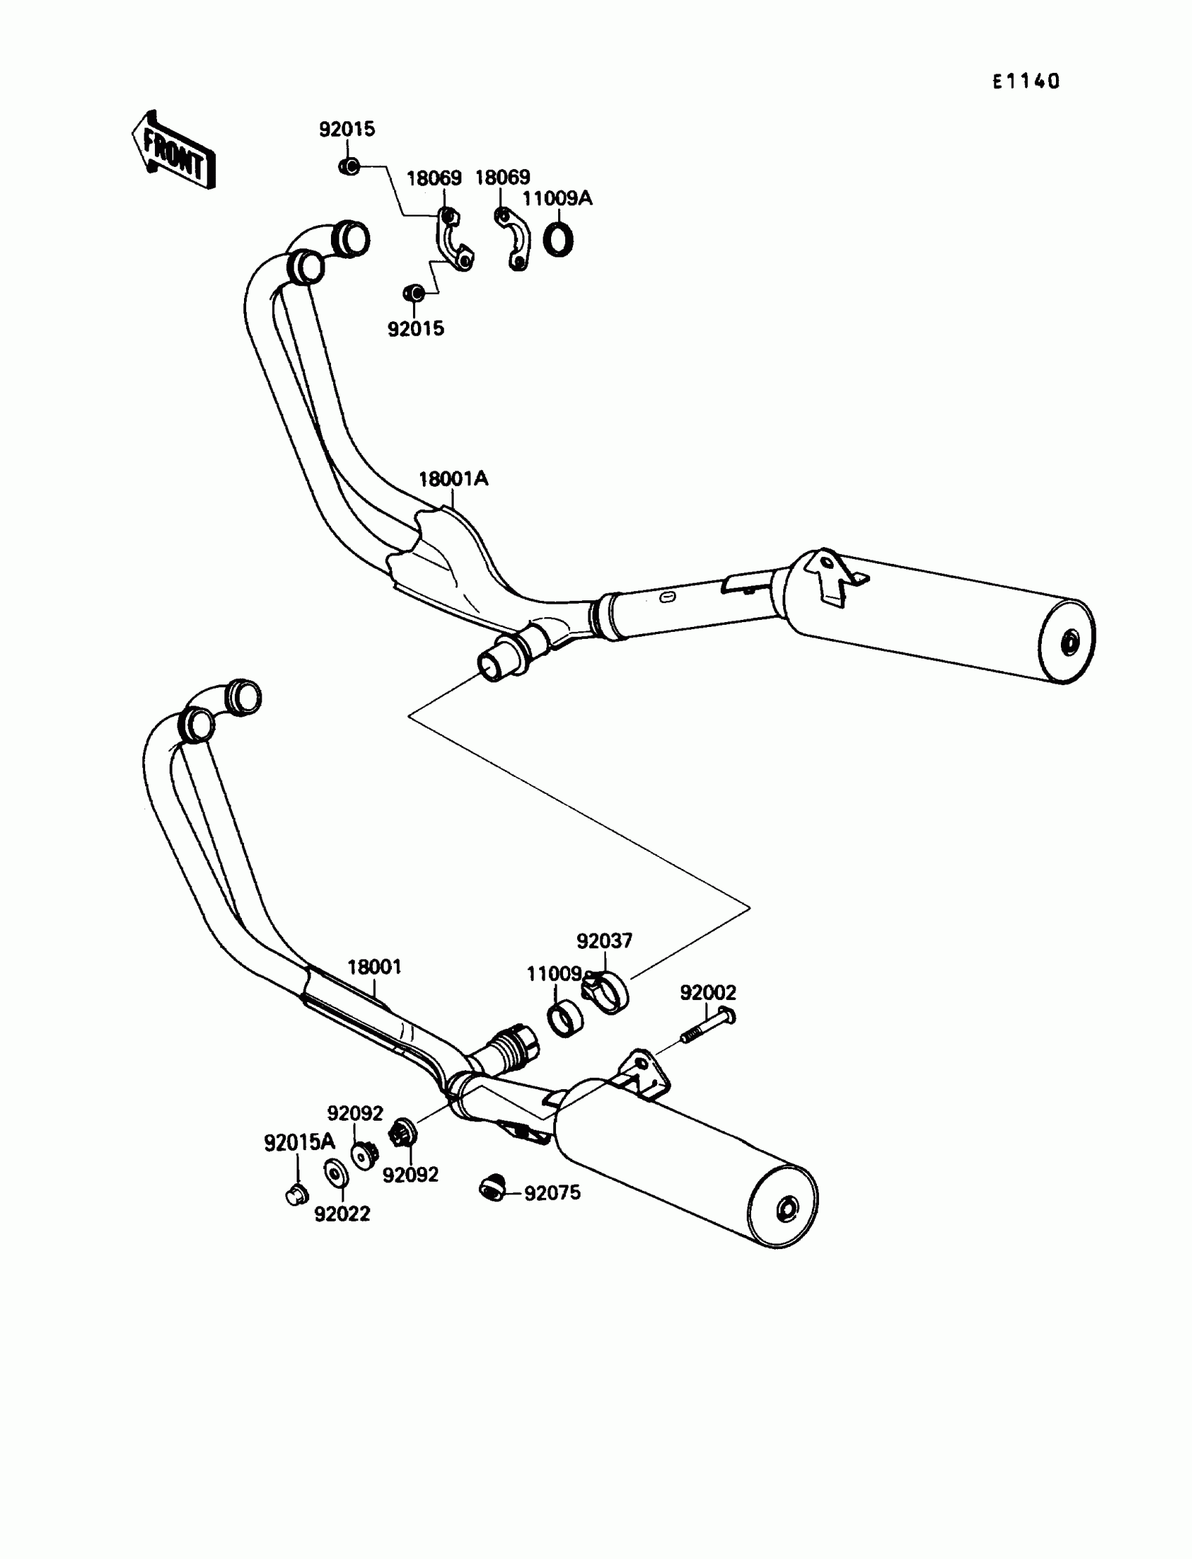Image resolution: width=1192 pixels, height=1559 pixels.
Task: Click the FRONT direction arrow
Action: [x=173, y=151]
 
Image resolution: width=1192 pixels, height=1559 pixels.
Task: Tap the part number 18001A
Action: [x=454, y=479]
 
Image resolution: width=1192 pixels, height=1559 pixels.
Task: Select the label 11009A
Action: [x=557, y=198]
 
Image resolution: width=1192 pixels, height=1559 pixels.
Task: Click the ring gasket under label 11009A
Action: [x=558, y=239]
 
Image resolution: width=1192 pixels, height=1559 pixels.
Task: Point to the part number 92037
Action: [x=604, y=941]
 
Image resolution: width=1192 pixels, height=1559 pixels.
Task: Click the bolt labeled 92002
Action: [x=708, y=1026]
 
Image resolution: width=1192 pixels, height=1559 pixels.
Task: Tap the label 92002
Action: [x=708, y=992]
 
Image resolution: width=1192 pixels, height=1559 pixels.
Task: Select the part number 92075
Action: [x=552, y=1193]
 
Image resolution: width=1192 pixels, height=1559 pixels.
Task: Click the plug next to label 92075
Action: [x=491, y=1187]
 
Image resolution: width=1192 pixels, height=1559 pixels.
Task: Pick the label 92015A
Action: [x=299, y=1142]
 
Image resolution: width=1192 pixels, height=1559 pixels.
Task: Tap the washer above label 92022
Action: [x=336, y=1173]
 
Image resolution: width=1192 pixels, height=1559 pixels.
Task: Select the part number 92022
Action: [x=342, y=1214]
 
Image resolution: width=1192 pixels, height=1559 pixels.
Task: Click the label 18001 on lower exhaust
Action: [x=374, y=967]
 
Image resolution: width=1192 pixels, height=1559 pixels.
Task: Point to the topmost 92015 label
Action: [x=347, y=130]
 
